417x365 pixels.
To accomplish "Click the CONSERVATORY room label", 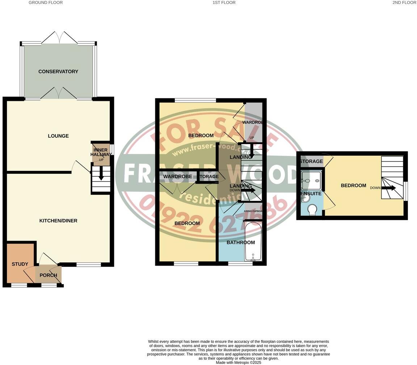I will pos(58,72).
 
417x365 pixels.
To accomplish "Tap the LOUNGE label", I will pos(58,136).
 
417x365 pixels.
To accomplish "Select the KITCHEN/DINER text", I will pos(58,220).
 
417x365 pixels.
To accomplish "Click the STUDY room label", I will pos(20,264).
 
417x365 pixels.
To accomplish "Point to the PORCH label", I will pos(48,275).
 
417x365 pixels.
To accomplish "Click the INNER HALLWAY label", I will pos(101,153).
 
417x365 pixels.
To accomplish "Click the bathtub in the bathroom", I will pos(253,242).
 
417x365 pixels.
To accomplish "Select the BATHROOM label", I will pos(241,242).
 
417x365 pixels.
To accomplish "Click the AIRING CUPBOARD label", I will pos(253,211).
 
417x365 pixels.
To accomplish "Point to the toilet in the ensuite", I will pos(311,209).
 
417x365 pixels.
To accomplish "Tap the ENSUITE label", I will pos(311,194).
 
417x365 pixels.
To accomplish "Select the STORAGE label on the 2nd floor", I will pos(311,161).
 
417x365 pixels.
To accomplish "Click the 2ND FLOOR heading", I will pos(404,3).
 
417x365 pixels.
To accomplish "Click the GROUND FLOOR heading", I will pos(46,3).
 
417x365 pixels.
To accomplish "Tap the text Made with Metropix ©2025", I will pos(239,362).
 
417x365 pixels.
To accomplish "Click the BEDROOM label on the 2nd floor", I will pos(353,185).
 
